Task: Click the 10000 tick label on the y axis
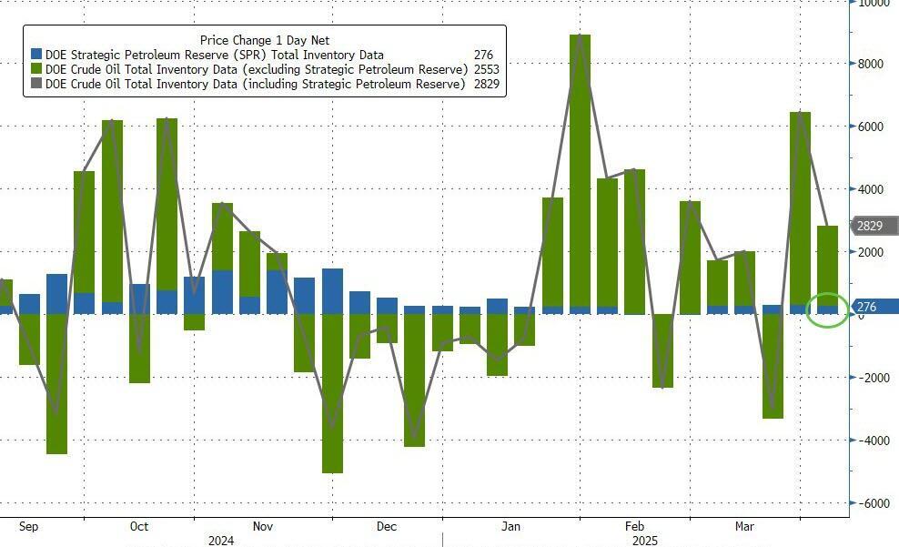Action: (x=876, y=4)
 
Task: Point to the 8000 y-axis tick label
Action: (x=874, y=65)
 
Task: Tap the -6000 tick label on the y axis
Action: (x=875, y=503)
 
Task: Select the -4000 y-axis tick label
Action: (x=875, y=441)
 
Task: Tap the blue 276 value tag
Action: (x=869, y=308)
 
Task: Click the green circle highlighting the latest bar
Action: (x=827, y=310)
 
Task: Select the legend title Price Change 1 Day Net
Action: (x=264, y=40)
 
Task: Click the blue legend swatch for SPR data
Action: (x=36, y=55)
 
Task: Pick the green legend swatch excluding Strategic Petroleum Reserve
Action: (x=36, y=69)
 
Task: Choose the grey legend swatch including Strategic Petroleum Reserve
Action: (x=36, y=84)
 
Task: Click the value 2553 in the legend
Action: (x=486, y=69)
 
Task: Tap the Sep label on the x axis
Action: (x=28, y=527)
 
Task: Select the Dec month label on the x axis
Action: (x=386, y=527)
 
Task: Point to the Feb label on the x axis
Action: (x=634, y=527)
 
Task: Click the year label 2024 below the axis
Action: (x=221, y=541)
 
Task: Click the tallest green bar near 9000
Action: (x=580, y=173)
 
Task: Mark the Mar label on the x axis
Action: (x=745, y=527)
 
